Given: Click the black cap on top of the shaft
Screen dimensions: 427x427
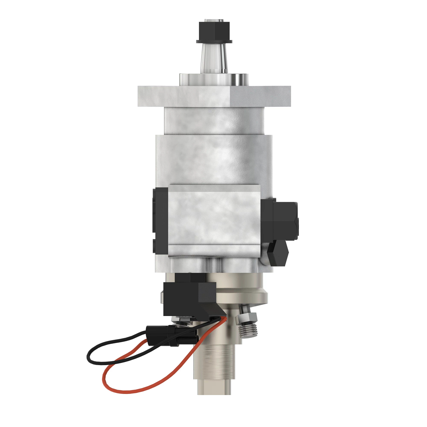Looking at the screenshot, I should click(x=214, y=31).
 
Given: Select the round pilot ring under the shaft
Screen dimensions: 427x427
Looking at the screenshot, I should click(x=214, y=79).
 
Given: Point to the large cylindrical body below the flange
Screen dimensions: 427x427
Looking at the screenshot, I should click(x=214, y=157).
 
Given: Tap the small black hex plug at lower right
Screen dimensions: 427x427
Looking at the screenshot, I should click(x=279, y=253).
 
